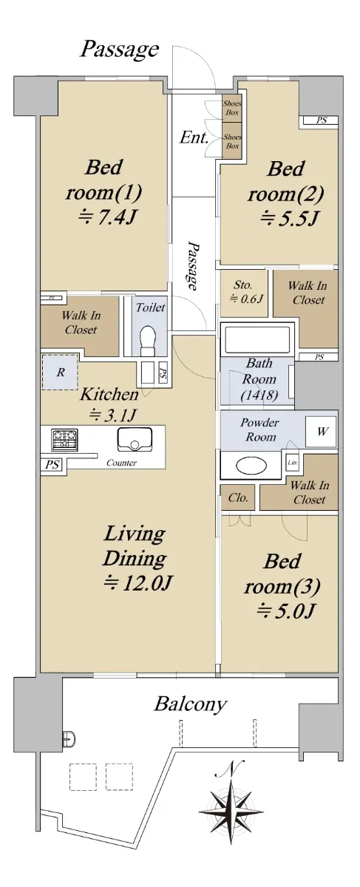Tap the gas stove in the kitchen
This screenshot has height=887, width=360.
coord(64,440)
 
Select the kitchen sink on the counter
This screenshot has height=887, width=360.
coord(135,440)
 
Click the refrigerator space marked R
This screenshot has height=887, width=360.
coord(60,372)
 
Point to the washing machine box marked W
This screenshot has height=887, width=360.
coord(321,431)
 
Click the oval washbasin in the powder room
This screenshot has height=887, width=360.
coord(251,465)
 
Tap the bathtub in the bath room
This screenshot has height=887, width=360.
coord(257,339)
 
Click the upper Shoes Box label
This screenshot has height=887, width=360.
coord(232,108)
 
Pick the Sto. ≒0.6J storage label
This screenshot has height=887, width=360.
coord(245,291)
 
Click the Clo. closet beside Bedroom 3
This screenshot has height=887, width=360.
coord(238,497)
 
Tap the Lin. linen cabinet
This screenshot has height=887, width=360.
coord(293,462)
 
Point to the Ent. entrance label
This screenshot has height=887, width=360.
coord(194,137)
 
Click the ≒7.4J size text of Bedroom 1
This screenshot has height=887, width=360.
coord(108,217)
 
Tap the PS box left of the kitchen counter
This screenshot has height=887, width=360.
coord(52,464)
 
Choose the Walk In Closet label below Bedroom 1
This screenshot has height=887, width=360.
coord(81,323)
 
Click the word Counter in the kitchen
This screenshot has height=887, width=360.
coord(121,463)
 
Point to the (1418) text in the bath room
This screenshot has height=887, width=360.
coord(259,395)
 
